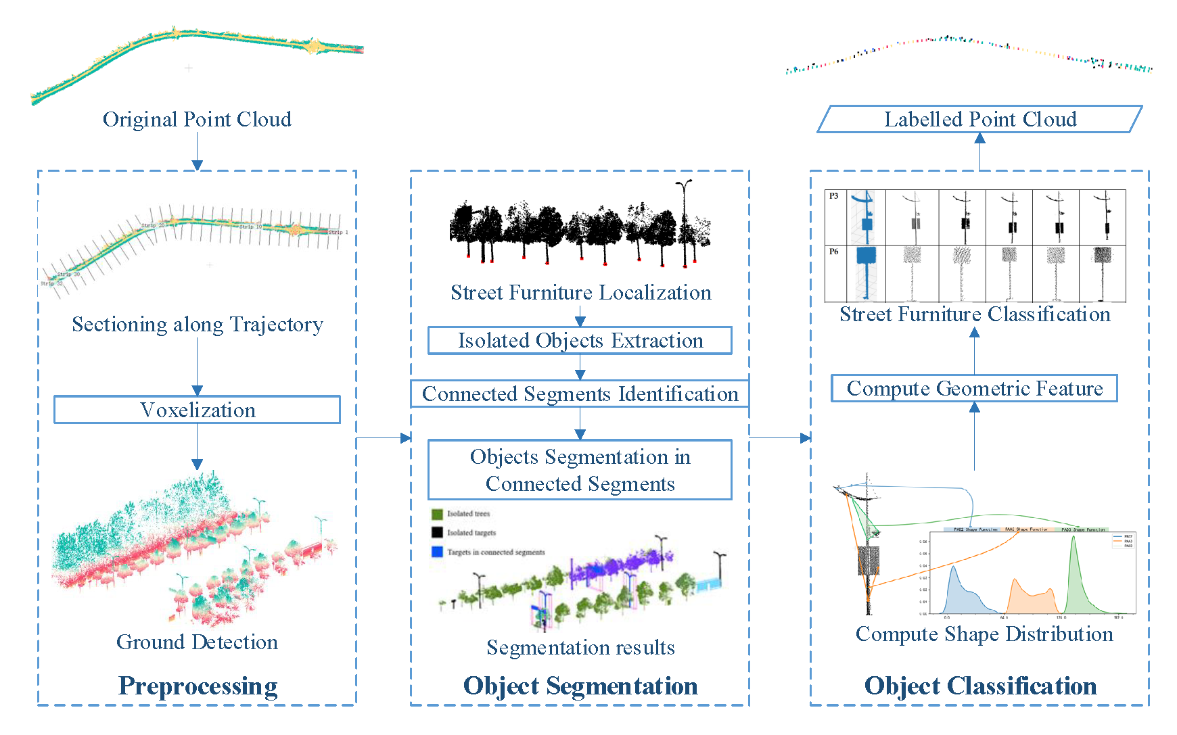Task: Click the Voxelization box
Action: point(197,410)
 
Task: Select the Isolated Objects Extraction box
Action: point(580,340)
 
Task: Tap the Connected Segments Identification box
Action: point(580,394)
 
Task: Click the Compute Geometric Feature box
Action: point(974,388)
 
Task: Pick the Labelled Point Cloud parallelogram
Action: point(979,119)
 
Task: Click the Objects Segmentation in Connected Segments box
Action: point(580,470)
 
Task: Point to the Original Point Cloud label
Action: point(197,119)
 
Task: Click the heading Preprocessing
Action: point(198,686)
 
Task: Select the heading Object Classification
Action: point(980,686)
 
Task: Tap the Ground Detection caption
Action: point(197,642)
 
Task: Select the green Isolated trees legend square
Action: point(437,514)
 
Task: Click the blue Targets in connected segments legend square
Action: point(437,552)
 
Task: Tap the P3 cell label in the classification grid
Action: point(834,196)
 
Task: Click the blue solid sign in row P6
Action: point(866,256)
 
